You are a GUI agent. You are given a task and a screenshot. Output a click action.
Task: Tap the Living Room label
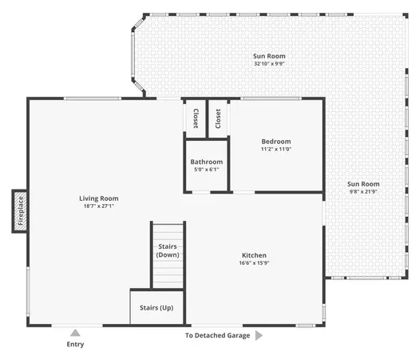pos(98,198)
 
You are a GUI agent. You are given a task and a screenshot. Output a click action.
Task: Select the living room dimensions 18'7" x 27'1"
pos(98,206)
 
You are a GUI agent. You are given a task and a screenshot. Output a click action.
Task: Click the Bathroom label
pos(206,162)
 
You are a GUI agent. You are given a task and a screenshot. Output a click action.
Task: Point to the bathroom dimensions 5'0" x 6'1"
pos(206,170)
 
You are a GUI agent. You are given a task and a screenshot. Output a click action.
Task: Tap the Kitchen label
pos(254,255)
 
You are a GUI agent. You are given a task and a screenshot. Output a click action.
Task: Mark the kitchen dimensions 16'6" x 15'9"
pos(254,264)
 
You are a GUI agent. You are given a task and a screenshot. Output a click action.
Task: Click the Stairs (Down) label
pos(167,250)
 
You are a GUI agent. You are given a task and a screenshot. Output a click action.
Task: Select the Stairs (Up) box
pos(156,307)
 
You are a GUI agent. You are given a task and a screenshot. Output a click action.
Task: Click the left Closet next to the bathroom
pos(195,118)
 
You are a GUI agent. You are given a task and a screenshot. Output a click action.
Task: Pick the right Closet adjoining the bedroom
pos(219,118)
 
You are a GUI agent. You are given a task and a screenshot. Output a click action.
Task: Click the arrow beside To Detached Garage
pos(259,336)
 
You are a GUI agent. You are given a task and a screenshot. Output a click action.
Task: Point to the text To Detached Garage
pos(217,336)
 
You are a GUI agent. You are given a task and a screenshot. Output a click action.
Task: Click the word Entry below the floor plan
pos(75,345)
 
